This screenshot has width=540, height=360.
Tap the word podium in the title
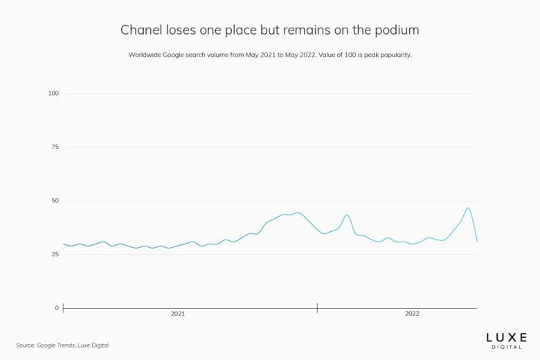point(397,30)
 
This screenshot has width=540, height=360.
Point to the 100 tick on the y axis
point(53,93)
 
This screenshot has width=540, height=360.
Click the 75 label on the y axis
point(55,147)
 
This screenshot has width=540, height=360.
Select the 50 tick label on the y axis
point(55,201)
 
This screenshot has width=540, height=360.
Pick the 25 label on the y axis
point(55,255)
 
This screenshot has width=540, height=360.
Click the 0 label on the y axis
point(57,308)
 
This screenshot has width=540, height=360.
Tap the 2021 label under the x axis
point(178,314)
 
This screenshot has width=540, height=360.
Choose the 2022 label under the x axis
point(412,314)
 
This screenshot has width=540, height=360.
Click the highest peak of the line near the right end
point(469,208)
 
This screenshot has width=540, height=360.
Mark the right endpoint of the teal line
point(477,241)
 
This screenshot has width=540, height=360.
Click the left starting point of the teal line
point(64,244)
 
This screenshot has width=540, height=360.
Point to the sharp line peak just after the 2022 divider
point(347,215)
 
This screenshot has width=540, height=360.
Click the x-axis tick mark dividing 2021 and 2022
point(317,308)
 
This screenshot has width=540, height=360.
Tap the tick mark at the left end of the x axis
point(64,308)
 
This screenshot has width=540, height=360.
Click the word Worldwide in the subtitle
point(146,55)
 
